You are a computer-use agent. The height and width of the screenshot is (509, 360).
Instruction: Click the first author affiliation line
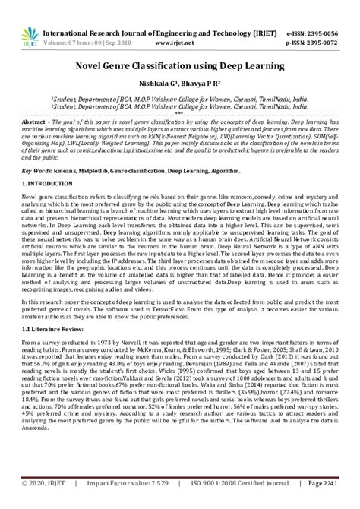[180, 98]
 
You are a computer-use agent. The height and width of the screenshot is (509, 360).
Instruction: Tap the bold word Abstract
[36, 122]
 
